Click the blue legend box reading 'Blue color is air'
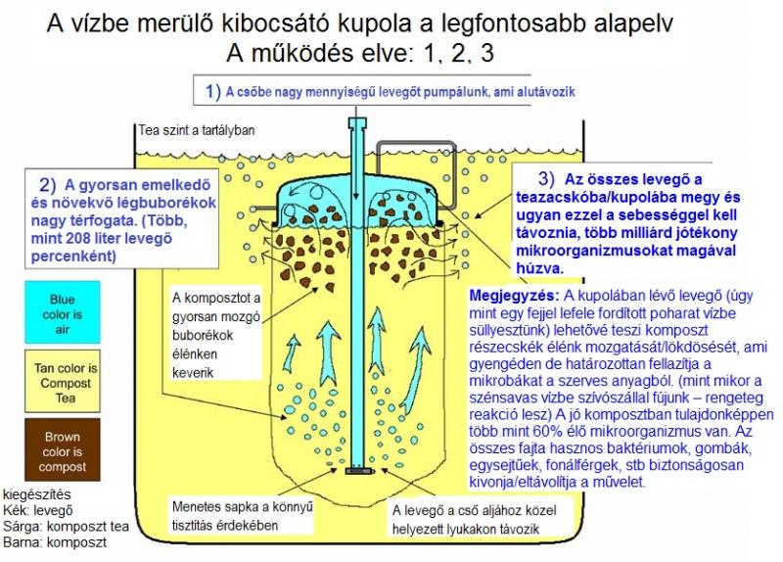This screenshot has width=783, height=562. [63, 312]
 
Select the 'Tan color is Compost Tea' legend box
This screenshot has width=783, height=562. [63, 381]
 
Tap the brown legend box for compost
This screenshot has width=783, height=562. [63, 450]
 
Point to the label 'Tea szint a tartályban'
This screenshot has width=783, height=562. [197, 130]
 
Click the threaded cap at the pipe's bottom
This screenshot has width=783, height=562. [359, 471]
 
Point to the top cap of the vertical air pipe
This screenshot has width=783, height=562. [357, 123]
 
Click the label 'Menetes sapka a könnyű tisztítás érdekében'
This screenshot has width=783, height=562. [242, 516]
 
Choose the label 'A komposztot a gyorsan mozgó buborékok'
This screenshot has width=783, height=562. [216, 335]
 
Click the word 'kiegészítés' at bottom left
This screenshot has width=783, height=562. [37, 494]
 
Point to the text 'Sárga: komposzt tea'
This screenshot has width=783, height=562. [66, 526]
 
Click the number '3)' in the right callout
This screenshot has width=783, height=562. [546, 178]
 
